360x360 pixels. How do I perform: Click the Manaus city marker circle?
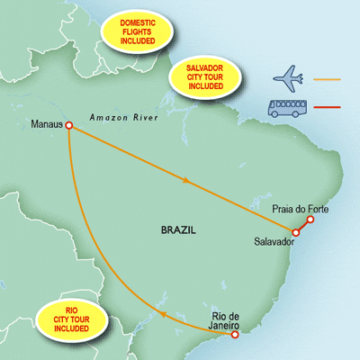click(69, 125)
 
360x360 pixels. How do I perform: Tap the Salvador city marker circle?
click(296, 232)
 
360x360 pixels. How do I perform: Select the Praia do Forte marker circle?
click(310, 220)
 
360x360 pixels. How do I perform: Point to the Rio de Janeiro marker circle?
click(235, 335)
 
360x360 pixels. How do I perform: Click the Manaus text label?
click(47, 124)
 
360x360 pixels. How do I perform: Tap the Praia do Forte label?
click(301, 209)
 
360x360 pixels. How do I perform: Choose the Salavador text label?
click(274, 241)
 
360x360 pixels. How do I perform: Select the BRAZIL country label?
click(178, 230)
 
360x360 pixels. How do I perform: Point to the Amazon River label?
click(124, 118)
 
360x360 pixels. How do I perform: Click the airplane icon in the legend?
click(287, 79)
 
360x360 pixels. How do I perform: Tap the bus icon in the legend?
click(287, 108)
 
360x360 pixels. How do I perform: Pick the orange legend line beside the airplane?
click(327, 79)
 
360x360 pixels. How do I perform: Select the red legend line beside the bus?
click(327, 107)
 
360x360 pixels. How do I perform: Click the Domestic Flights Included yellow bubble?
click(138, 31)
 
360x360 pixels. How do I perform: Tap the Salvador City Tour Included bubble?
click(205, 77)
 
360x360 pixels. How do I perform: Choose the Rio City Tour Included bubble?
click(71, 319)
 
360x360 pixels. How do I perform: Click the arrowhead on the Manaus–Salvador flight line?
click(186, 181)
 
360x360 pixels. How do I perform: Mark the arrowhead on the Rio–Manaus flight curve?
click(162, 314)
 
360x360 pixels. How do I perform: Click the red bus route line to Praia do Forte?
click(303, 226)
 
